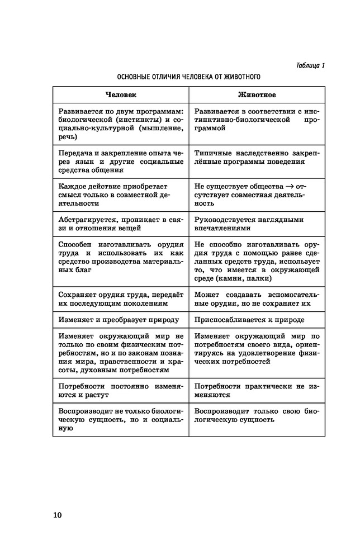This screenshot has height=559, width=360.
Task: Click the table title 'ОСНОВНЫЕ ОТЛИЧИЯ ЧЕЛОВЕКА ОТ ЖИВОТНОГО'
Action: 189,77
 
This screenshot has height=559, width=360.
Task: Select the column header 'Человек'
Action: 121,95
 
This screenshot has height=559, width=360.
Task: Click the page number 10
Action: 58,515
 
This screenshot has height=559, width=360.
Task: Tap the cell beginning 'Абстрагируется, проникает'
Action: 121,223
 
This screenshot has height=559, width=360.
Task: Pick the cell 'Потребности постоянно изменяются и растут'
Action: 121,390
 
